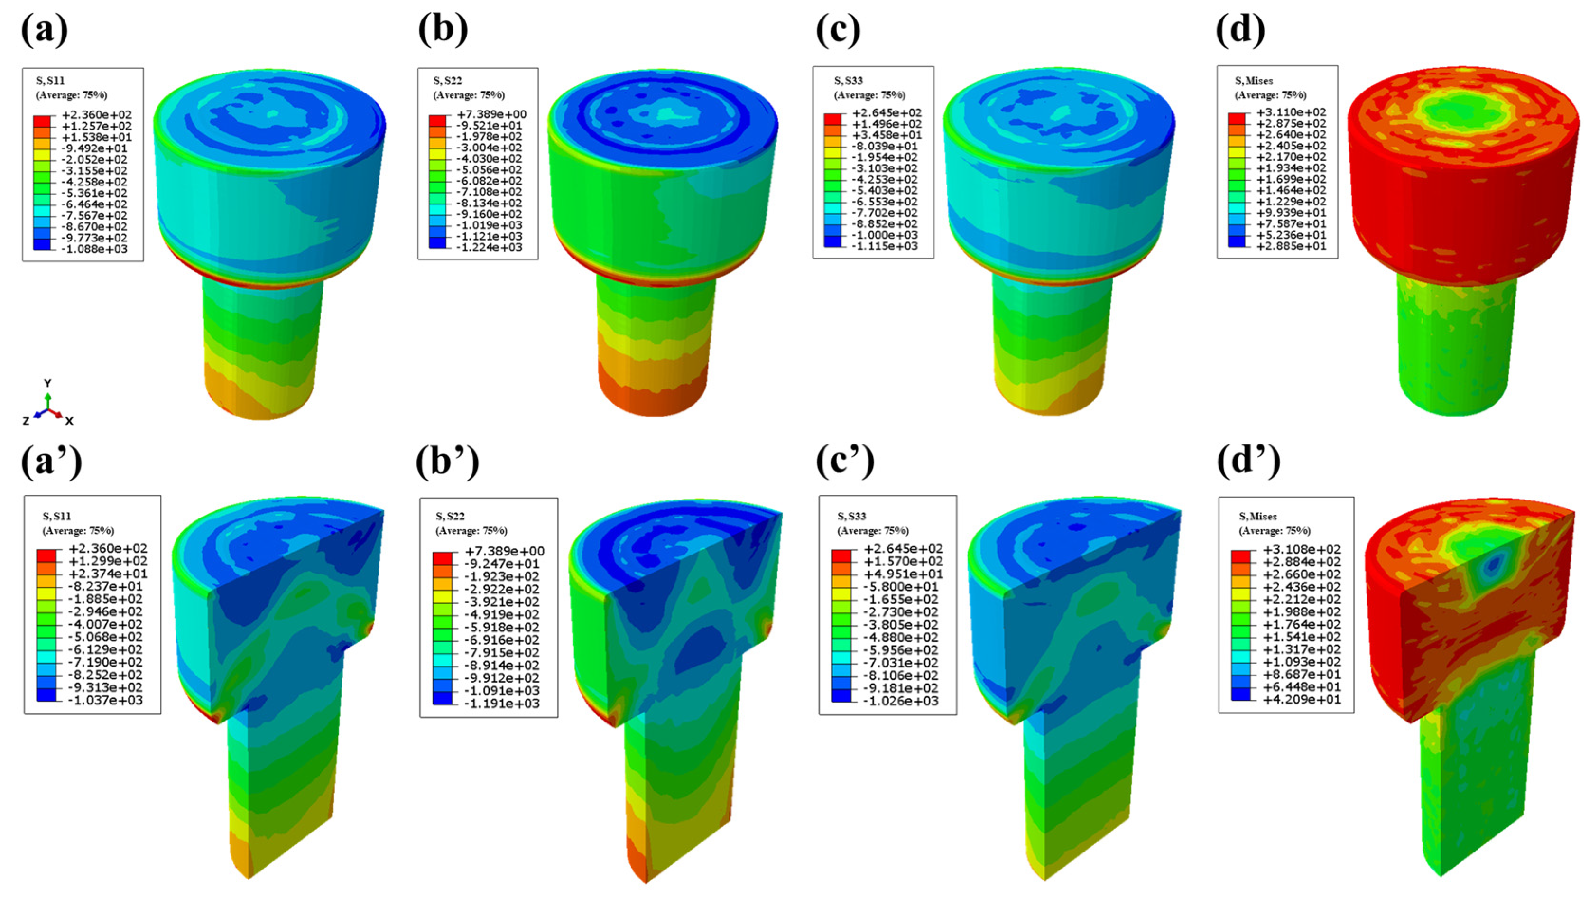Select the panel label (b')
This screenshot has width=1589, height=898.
tap(447, 462)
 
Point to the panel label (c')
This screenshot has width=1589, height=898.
tap(845, 462)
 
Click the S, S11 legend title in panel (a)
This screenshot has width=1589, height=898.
tap(50, 81)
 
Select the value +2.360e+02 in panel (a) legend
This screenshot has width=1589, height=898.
tap(97, 115)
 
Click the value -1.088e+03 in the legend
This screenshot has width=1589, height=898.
tap(97, 249)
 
